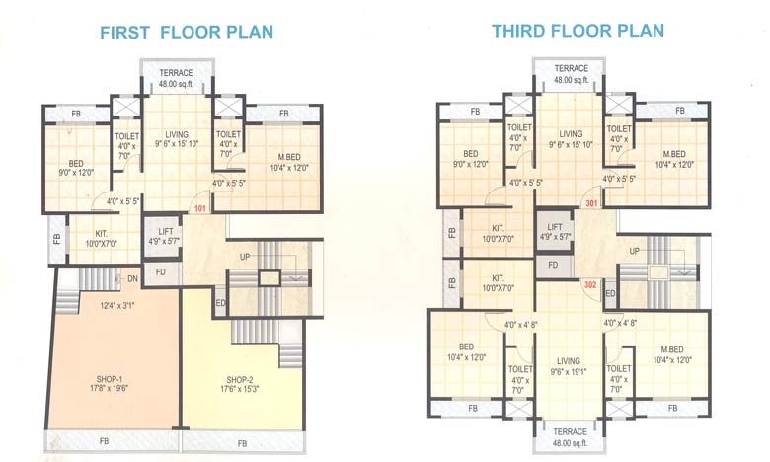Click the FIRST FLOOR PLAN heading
coord(187,32)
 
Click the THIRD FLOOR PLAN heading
coord(578,32)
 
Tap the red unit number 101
coord(200,208)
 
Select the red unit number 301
coord(591,203)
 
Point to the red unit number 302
coord(591,284)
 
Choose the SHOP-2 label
coord(240,378)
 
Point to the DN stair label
coord(131,279)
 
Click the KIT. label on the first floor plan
coord(101,234)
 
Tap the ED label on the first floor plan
coord(220,303)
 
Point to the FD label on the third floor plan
coord(553,265)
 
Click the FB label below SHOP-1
coord(106,441)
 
